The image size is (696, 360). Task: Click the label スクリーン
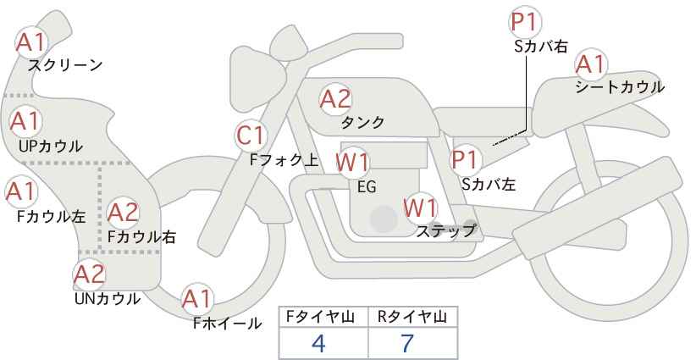(65, 65)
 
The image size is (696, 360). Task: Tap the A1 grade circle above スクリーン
(32, 42)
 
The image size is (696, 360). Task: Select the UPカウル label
(50, 146)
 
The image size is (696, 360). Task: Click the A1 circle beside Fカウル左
(19, 191)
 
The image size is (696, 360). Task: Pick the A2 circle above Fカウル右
(123, 211)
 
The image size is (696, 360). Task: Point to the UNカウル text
(107, 298)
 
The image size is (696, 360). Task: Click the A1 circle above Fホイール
(197, 298)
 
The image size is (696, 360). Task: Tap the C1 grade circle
(251, 135)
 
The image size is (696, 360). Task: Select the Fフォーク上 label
(284, 158)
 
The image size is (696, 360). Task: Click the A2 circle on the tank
(335, 99)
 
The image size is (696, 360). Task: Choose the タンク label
(362, 123)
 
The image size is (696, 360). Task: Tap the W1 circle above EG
(352, 162)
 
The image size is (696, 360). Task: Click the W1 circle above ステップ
(420, 208)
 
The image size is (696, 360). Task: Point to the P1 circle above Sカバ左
(466, 158)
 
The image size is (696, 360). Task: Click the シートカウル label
(619, 87)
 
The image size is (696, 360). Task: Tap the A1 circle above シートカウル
(590, 64)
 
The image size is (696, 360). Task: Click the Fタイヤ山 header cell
(323, 317)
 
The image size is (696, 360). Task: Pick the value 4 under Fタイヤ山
(319, 343)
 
